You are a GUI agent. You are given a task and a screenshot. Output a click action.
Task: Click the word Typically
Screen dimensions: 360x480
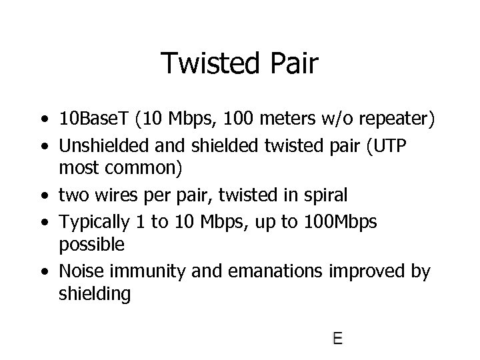click(90, 221)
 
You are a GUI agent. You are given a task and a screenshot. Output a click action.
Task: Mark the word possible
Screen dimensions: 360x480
click(91, 245)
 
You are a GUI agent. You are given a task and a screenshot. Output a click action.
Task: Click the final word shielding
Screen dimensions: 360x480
click(94, 294)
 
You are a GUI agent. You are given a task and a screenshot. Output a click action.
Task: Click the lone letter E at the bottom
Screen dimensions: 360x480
click(337, 339)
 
